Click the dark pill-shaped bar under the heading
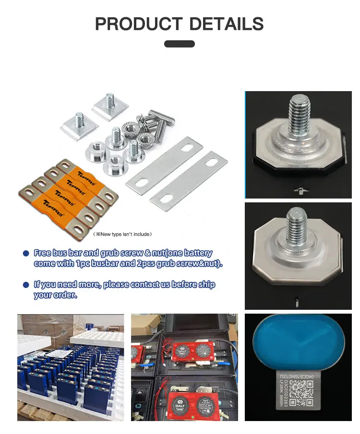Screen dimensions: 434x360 [180, 44]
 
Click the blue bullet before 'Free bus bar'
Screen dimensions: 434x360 [26, 253]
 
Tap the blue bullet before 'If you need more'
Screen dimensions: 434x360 [26, 285]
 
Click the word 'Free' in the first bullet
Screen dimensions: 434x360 [43, 253]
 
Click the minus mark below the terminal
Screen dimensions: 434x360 [297, 302]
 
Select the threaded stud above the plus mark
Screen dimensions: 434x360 [297, 115]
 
